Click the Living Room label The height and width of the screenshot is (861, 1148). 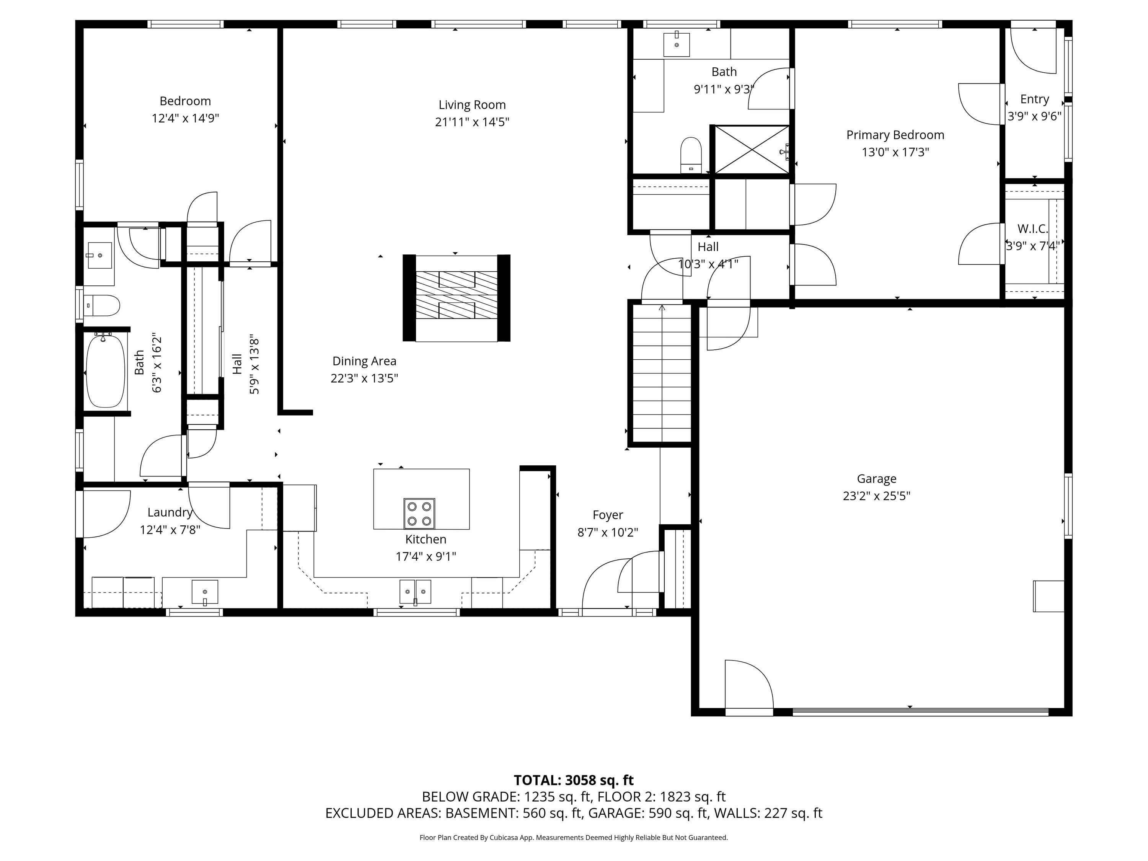[x=472, y=105]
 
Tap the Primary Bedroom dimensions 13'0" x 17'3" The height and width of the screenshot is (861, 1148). [x=895, y=152]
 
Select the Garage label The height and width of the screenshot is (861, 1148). [x=877, y=479]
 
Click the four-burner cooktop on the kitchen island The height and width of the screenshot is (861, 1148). [x=419, y=513]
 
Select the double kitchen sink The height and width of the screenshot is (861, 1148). [x=415, y=591]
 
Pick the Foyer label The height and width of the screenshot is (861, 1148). [x=608, y=515]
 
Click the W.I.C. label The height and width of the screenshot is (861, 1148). [x=1033, y=228]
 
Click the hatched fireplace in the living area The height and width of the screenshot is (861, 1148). [x=456, y=298]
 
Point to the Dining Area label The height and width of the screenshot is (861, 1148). [x=364, y=361]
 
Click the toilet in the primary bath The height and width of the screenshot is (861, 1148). [x=691, y=155]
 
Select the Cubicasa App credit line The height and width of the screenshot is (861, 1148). [x=574, y=837]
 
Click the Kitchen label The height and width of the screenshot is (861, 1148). [x=426, y=539]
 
